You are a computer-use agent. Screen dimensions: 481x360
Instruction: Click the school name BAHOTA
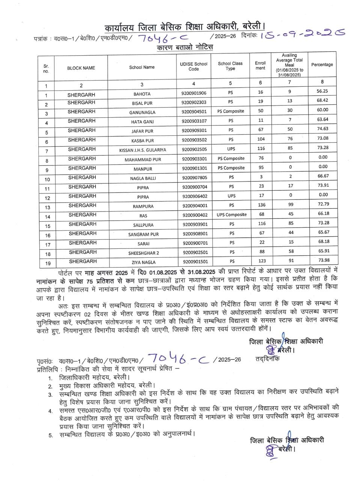[142, 94]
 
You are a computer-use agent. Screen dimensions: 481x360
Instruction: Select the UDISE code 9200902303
[194, 103]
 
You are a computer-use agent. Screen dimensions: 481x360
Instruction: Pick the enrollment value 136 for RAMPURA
[261, 205]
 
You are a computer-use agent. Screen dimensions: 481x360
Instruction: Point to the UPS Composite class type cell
[231, 215]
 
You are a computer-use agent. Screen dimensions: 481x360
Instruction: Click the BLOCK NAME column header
[81, 68]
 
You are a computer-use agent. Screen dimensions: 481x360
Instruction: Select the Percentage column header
[322, 65]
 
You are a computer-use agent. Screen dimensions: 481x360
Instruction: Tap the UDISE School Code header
[194, 67]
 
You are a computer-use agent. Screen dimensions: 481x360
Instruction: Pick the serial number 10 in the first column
[47, 180]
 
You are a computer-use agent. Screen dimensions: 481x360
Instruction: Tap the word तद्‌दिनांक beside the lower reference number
[267, 358]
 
